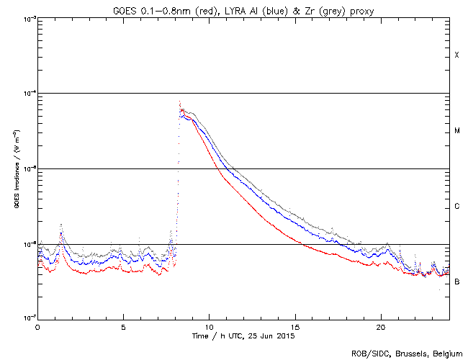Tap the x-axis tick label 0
click(x=37, y=326)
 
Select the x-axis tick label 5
click(x=123, y=326)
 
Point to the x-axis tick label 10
click(x=209, y=326)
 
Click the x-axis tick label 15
click(x=295, y=326)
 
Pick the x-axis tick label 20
click(x=381, y=326)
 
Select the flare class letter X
click(x=457, y=55)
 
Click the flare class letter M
click(x=457, y=131)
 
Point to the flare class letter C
click(x=457, y=207)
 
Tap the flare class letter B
click(x=457, y=282)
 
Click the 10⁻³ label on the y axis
click(x=28, y=19)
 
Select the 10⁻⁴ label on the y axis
click(x=28, y=94)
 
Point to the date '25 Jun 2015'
click(x=273, y=336)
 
